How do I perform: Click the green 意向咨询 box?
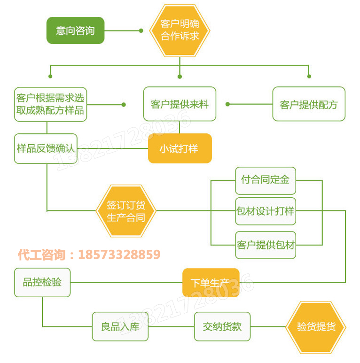click(75, 31)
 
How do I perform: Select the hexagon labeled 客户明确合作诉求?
click(180, 31)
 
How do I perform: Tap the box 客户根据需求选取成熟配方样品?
click(50, 104)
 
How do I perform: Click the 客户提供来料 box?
click(180, 104)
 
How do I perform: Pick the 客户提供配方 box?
click(309, 104)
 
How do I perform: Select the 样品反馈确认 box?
click(46, 149)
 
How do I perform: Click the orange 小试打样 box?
click(180, 148)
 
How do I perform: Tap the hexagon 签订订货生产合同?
click(125, 211)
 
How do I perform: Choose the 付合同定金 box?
click(266, 180)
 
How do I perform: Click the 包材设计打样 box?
click(266, 211)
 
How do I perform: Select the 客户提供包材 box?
click(266, 245)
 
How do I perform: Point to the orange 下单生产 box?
click(211, 283)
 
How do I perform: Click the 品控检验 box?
click(42, 282)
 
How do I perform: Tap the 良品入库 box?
click(120, 326)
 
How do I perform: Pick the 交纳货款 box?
click(222, 326)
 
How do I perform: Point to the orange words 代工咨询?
click(41, 255)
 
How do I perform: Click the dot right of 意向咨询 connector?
click(141, 31)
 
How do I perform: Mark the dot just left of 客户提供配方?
click(227, 104)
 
